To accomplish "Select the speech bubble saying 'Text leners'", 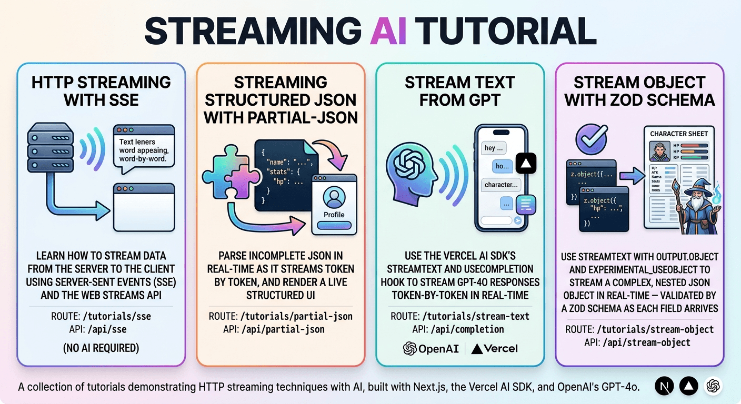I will coord(144,149).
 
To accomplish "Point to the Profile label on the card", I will coord(334,215).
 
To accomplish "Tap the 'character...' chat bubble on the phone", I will coord(500,185).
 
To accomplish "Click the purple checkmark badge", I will coord(592,138).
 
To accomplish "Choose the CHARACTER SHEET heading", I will coord(679,134).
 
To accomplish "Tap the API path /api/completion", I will coord(459,330).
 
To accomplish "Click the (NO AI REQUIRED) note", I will coord(101,348).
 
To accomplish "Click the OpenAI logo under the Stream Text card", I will coord(430,348).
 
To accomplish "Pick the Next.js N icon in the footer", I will coord(664,386).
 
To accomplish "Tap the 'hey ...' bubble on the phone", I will coord(494,148).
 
